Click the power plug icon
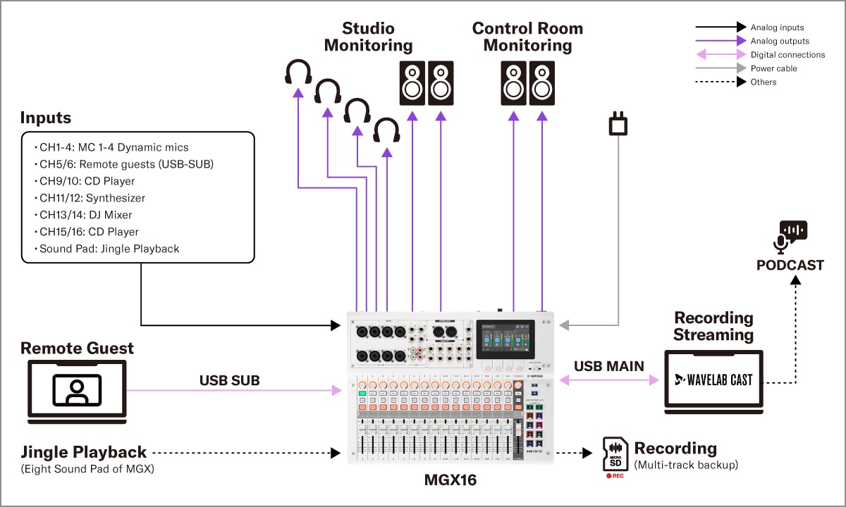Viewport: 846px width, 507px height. [618, 125]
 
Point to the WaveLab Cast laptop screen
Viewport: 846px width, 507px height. [713, 380]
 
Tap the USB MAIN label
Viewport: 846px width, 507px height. [609, 366]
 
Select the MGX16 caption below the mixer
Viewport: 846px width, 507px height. [450, 481]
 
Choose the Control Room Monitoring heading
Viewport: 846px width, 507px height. [527, 37]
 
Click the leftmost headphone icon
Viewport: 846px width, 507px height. [298, 73]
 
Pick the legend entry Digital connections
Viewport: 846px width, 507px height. [787, 55]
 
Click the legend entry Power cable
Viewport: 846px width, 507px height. [773, 68]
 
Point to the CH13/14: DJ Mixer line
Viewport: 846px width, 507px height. [85, 215]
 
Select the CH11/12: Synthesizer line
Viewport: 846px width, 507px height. [92, 198]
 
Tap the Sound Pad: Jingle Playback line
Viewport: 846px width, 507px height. [109, 249]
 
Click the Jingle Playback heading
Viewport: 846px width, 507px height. [83, 452]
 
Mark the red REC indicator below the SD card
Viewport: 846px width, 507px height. [614, 475]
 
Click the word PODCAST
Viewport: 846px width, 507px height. [790, 265]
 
